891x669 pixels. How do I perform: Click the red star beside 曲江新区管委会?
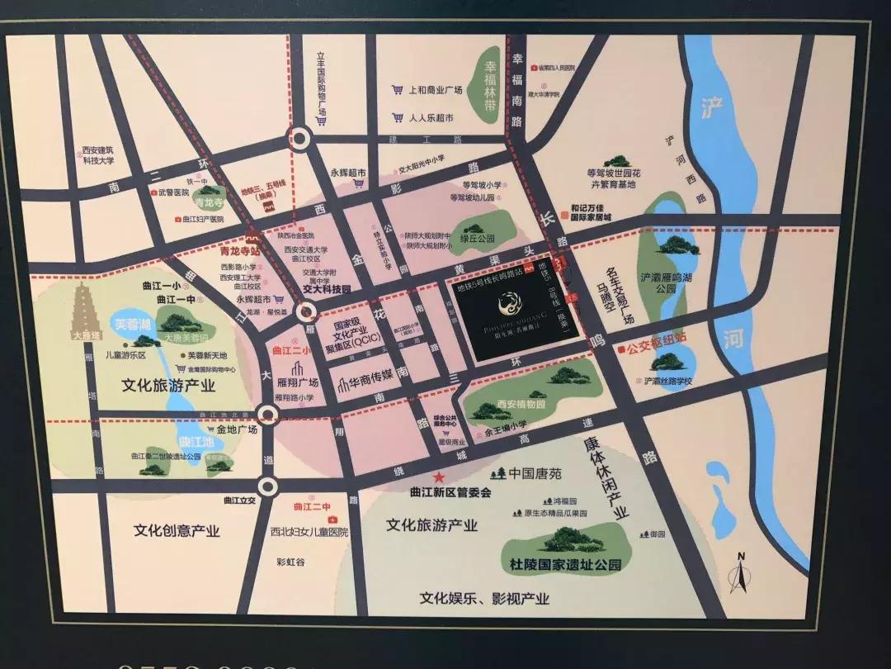(440, 477)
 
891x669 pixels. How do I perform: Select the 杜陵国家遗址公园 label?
(565, 566)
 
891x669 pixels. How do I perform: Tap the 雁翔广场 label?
(299, 382)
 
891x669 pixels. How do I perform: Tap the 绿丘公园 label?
(477, 239)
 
